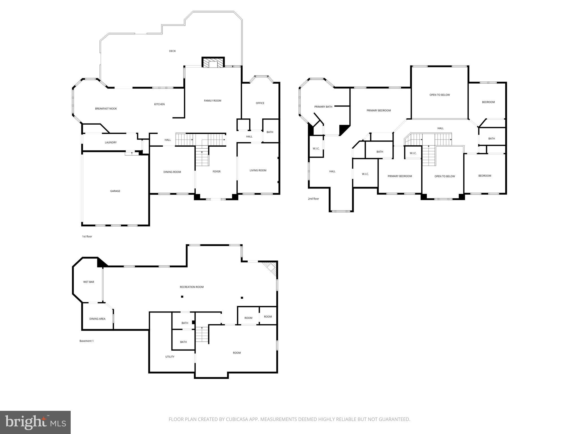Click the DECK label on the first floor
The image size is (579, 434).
[172, 51]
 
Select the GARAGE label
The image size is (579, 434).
[115, 191]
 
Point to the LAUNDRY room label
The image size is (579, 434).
[111, 143]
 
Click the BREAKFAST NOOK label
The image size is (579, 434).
[106, 109]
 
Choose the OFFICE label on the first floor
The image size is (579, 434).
[260, 103]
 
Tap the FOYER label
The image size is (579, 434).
[217, 172]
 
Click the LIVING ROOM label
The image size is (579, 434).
[258, 170]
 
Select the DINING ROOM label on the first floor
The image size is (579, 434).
[172, 172]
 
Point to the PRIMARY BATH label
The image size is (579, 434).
[323, 107]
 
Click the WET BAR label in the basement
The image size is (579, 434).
[88, 282]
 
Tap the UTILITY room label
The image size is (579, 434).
[170, 357]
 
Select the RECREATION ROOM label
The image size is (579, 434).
[192, 287]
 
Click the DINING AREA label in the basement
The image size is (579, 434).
[97, 319]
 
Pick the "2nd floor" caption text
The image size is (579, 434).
[313, 199]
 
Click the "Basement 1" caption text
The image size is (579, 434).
[86, 341]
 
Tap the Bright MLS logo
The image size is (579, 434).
[35, 422]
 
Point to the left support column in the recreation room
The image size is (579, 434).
[182, 297]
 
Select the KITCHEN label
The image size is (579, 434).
[159, 104]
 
